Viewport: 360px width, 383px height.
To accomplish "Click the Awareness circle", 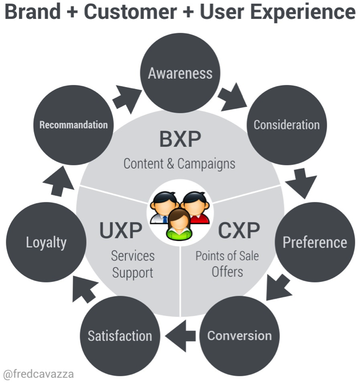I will (x=180, y=73).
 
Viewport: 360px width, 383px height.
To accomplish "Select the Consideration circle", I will (x=287, y=125).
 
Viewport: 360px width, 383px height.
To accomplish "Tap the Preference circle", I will (x=315, y=242).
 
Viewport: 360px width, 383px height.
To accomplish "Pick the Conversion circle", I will (x=239, y=336).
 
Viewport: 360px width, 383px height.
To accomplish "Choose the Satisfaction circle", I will (x=120, y=336).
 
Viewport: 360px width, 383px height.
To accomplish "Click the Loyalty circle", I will (x=46, y=242).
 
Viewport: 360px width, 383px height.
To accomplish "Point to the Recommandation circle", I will (x=73, y=125).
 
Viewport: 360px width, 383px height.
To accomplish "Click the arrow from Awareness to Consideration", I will (x=233, y=96).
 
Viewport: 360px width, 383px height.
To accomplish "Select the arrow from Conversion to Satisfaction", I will (x=180, y=336).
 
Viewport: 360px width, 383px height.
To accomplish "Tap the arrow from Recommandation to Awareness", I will (x=126, y=96).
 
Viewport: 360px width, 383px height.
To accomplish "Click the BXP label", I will (x=180, y=140).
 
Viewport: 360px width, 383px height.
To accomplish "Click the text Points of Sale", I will (x=227, y=255).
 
